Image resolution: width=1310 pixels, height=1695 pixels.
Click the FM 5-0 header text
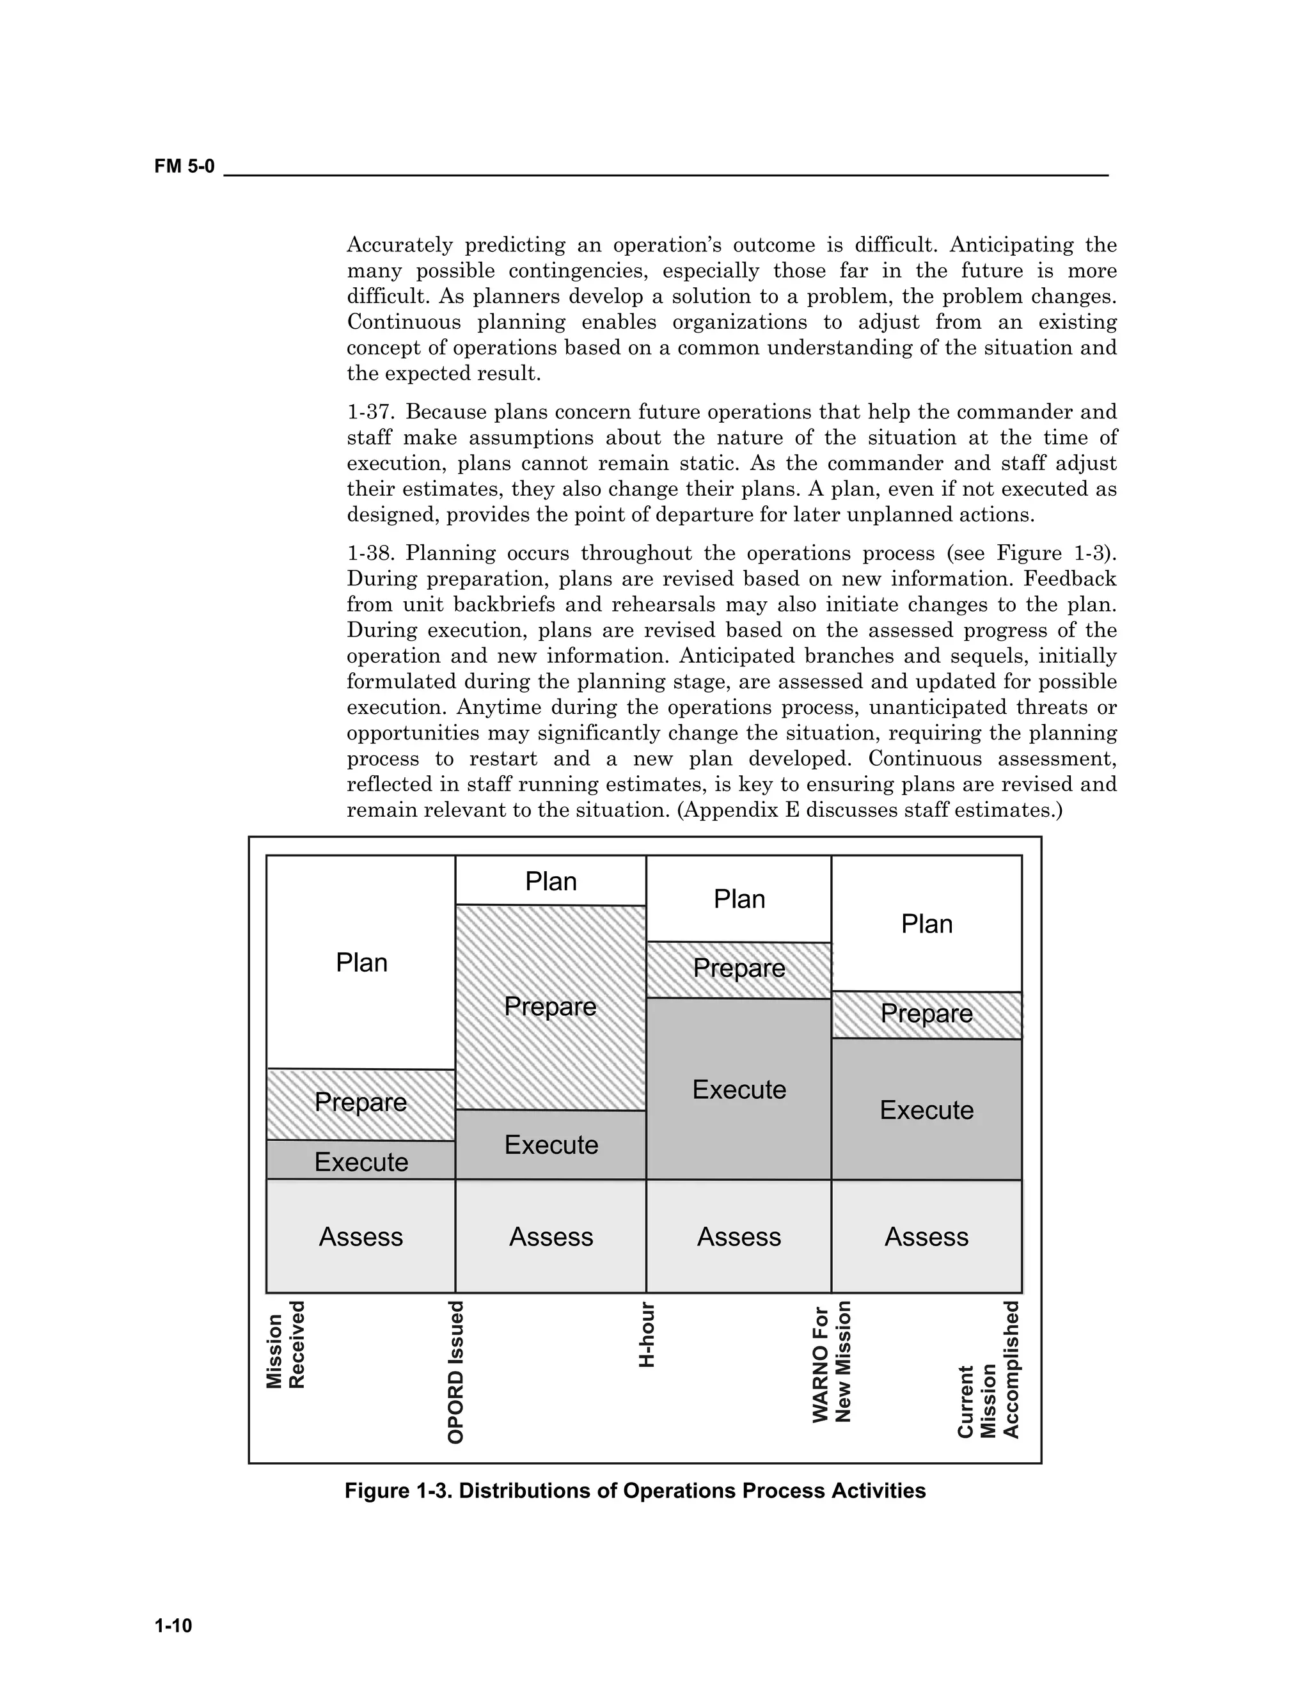coord(184,166)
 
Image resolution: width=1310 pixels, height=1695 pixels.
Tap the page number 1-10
coord(173,1626)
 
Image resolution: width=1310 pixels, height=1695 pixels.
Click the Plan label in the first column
coord(361,963)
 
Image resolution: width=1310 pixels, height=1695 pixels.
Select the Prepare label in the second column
coord(550,1007)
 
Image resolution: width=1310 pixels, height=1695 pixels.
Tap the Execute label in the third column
coord(739,1090)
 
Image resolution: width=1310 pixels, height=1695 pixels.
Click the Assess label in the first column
coord(361,1236)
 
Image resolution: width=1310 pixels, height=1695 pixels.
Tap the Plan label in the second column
coord(550,881)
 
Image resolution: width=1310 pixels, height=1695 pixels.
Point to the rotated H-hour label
coord(647,1336)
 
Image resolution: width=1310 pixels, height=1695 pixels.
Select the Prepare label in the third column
coord(739,968)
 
